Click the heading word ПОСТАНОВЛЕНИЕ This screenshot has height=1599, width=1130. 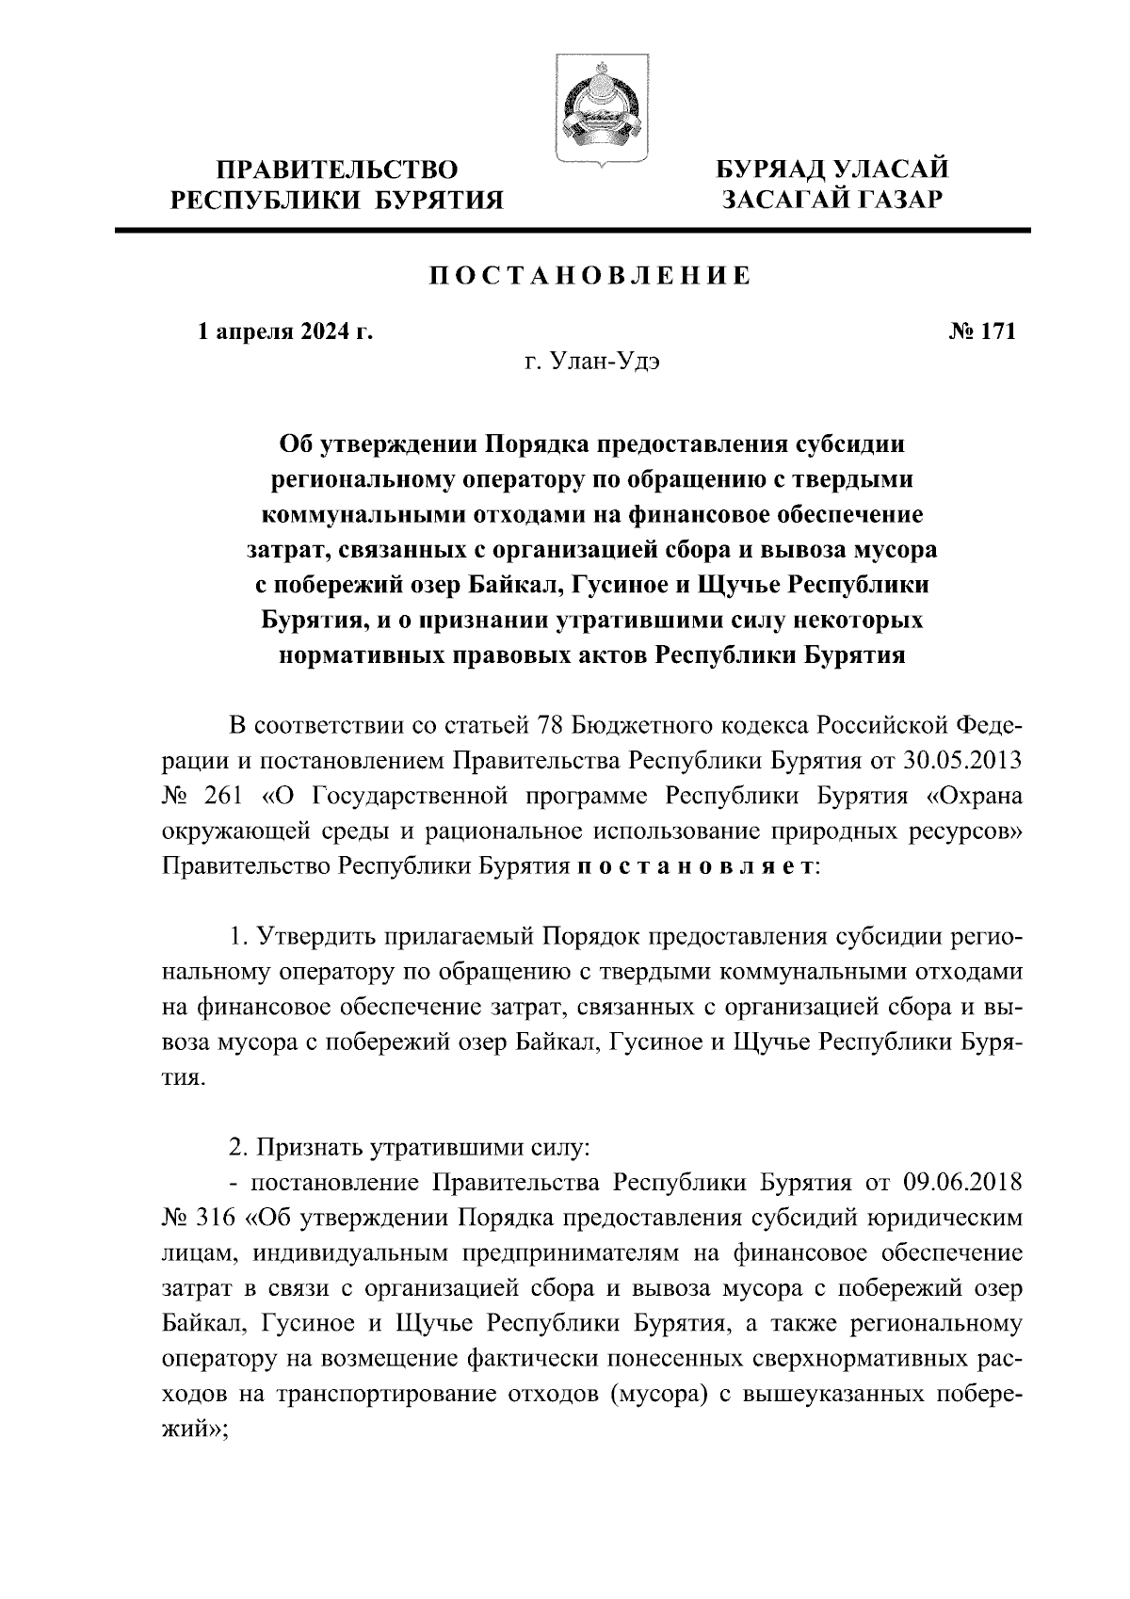pos(590,276)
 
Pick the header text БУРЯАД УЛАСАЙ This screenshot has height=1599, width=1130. pos(831,170)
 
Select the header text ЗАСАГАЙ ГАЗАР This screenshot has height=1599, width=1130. pos(831,200)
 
